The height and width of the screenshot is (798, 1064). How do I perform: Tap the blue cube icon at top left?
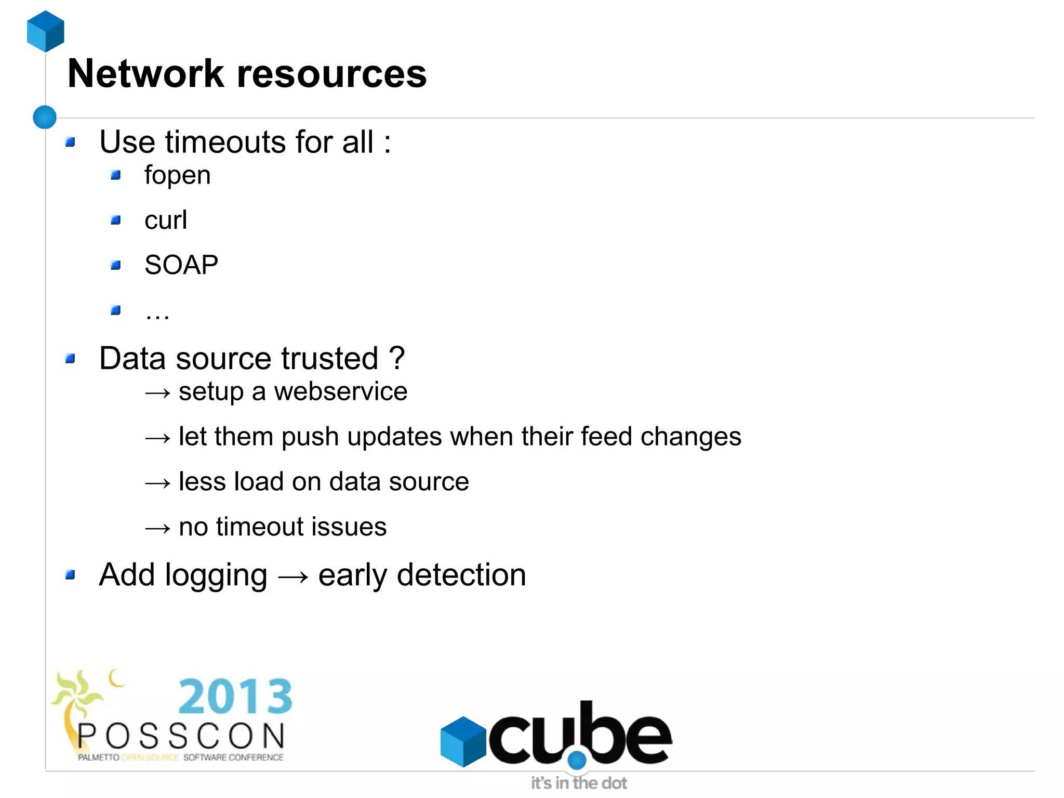46,31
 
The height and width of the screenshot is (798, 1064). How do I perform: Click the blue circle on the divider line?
45,117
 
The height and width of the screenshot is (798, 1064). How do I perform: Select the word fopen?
177,175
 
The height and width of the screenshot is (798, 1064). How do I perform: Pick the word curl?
165,220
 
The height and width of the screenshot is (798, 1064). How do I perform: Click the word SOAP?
181,265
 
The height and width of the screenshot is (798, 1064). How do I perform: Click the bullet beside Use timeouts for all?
71,142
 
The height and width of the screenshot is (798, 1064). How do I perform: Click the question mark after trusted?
396,358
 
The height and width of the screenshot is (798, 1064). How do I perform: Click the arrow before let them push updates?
157,438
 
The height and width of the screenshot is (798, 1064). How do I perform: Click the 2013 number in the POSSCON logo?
235,697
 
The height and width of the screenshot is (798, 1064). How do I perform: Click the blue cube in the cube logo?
462,741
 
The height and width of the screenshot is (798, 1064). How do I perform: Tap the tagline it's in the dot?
578,783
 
